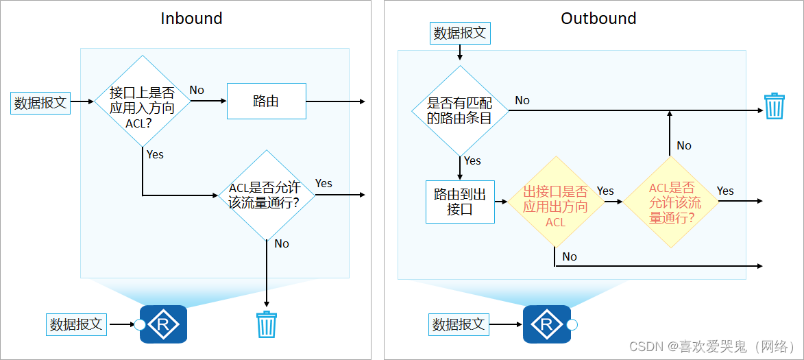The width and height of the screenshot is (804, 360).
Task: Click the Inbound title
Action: tap(191, 19)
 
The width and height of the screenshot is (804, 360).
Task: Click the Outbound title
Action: tap(598, 19)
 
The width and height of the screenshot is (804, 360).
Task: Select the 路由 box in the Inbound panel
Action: tap(266, 101)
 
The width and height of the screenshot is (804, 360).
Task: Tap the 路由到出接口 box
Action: tap(460, 202)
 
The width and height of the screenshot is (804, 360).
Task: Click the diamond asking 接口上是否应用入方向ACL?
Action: tap(142, 101)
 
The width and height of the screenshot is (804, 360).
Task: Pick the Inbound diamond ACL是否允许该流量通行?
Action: tap(265, 195)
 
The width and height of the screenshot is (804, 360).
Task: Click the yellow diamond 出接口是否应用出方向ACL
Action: tap(555, 202)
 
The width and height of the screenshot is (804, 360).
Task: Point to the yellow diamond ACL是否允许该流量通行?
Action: tap(670, 202)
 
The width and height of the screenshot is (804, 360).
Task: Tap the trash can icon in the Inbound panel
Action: tap(265, 324)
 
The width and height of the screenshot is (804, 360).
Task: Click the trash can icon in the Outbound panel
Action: tap(774, 106)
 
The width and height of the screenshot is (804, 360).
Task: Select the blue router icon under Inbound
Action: tap(163, 324)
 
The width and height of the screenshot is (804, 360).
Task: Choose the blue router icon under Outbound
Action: tap(546, 324)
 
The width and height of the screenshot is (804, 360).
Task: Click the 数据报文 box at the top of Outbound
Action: tap(460, 32)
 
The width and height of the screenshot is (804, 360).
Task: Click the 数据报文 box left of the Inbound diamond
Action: tap(40, 102)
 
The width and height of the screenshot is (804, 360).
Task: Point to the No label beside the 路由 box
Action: tap(197, 90)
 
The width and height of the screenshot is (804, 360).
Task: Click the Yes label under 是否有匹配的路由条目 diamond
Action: tap(472, 160)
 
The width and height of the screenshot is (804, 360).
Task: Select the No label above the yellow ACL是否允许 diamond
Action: tap(684, 145)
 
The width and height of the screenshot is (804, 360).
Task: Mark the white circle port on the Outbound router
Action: tap(572, 324)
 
